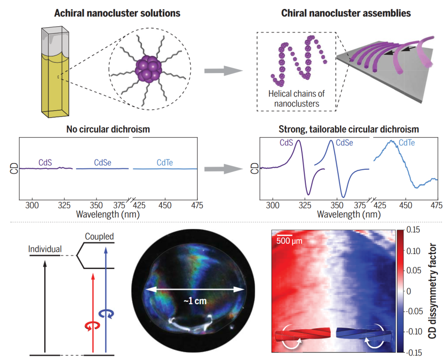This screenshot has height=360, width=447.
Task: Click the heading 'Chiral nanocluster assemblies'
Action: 346,13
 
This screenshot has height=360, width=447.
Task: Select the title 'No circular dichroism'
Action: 109,129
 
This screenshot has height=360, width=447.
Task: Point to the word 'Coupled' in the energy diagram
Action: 99,237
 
